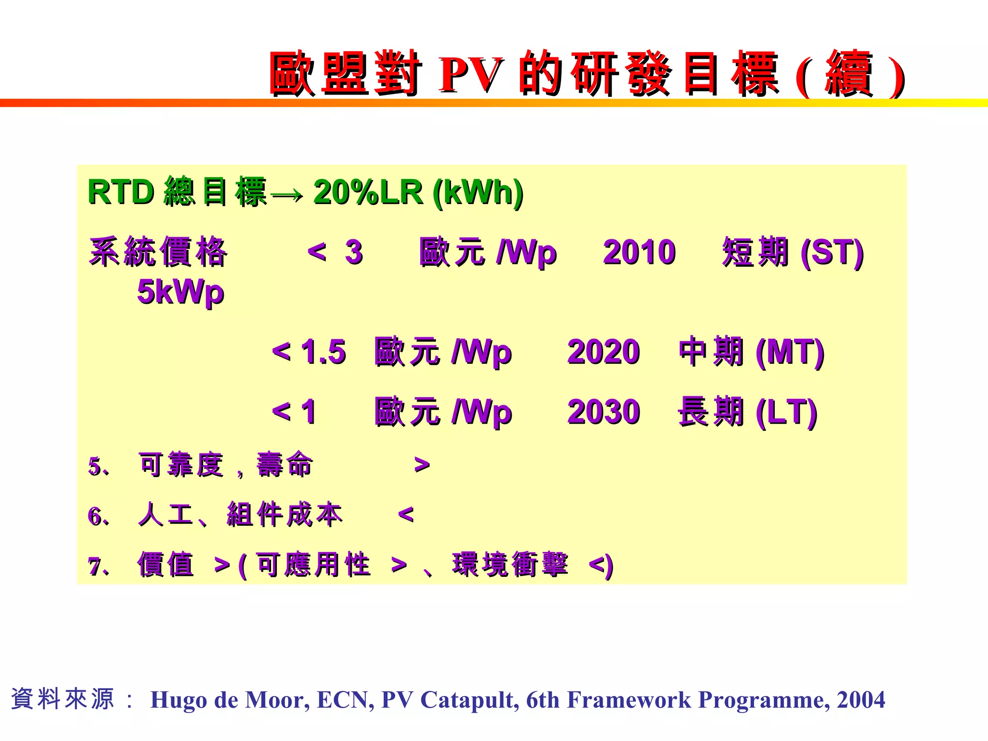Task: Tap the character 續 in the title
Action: (x=850, y=74)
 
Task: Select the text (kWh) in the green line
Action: (x=478, y=193)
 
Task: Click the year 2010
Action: (x=639, y=252)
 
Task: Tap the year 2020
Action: (x=603, y=351)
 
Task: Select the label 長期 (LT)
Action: (x=747, y=412)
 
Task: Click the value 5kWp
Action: (x=180, y=292)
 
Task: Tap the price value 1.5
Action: (x=323, y=351)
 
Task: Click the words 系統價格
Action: (x=158, y=252)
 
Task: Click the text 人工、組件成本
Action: (x=240, y=514)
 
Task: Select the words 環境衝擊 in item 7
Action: (x=510, y=564)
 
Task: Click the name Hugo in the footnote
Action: (x=178, y=700)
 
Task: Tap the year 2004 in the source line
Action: (x=861, y=700)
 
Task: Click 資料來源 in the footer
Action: (x=63, y=699)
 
